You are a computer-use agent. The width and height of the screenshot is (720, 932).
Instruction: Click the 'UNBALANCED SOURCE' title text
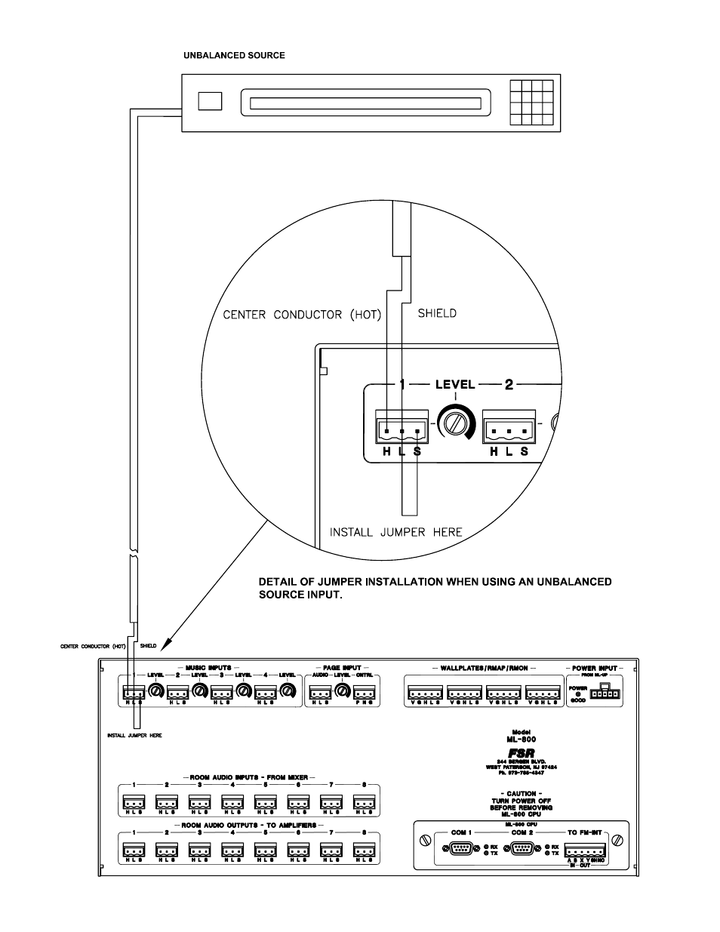tap(235, 56)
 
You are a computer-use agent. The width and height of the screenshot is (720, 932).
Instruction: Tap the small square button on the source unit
tap(211, 101)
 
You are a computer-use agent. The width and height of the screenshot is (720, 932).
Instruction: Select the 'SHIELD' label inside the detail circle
tap(437, 313)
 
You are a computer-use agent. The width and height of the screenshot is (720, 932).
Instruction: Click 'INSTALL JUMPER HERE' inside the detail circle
tap(395, 532)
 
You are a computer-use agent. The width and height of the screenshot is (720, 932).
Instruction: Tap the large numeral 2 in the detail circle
tap(509, 385)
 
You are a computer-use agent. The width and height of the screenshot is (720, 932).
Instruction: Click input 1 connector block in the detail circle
tap(400, 431)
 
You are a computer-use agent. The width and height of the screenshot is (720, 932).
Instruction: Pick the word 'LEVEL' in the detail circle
tap(455, 385)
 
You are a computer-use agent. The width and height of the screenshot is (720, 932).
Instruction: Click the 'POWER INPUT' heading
tap(595, 669)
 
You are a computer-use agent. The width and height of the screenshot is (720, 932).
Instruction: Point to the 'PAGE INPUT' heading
tap(342, 669)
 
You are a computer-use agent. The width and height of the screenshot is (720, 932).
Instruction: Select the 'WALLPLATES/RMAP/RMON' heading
tap(483, 669)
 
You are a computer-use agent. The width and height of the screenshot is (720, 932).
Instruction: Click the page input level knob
tap(342, 691)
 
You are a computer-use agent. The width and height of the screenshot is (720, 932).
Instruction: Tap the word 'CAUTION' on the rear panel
tap(521, 794)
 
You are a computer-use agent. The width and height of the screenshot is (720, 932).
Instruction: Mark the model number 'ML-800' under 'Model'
tap(521, 740)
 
